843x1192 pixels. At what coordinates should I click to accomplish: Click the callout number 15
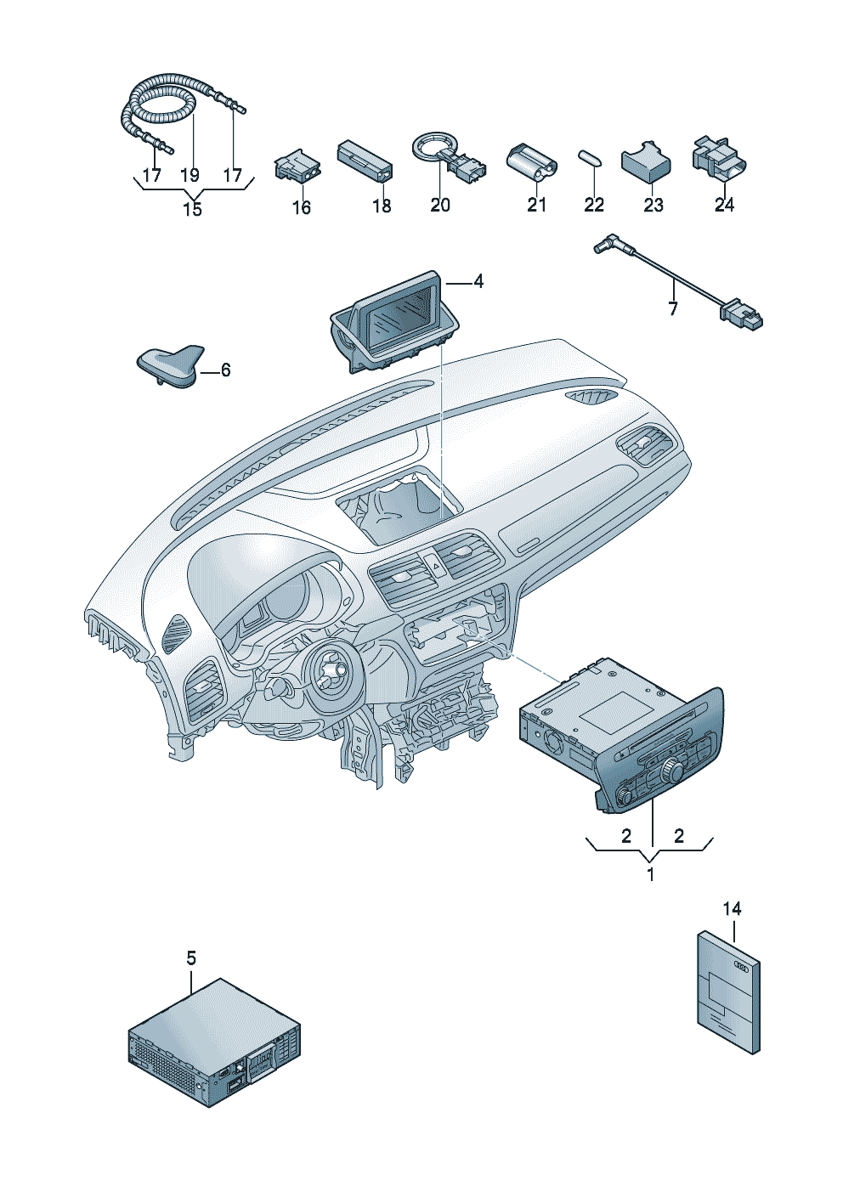click(x=193, y=209)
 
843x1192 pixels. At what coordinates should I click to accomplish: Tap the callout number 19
click(x=190, y=174)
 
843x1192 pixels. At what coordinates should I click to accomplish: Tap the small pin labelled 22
click(x=590, y=158)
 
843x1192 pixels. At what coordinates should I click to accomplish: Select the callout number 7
click(x=673, y=308)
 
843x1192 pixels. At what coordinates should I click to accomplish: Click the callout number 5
click(x=191, y=958)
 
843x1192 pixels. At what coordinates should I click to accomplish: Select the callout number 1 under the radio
click(x=650, y=873)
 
